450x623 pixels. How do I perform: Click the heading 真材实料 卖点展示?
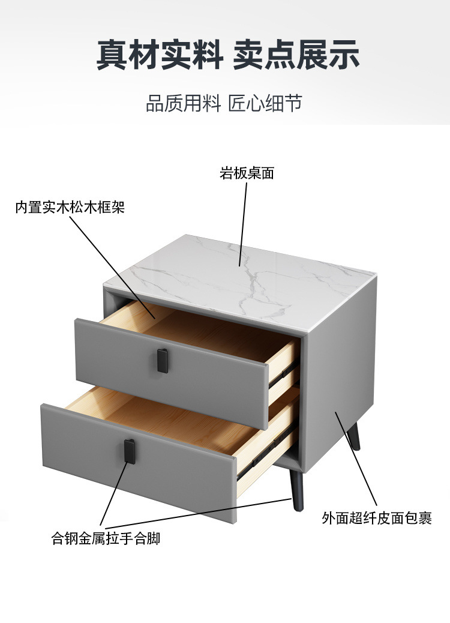coord(228,55)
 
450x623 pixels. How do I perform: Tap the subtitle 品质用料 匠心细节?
coord(224,104)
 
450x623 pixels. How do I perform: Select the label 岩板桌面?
coord(247,174)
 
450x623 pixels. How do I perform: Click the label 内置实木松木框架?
coord(70,208)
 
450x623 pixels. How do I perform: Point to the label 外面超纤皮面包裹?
coord(377,518)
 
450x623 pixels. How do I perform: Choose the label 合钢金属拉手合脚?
coord(106,538)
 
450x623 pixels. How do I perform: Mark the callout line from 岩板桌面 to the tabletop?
coord(243,222)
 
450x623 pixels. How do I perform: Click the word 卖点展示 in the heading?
coord(296,55)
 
